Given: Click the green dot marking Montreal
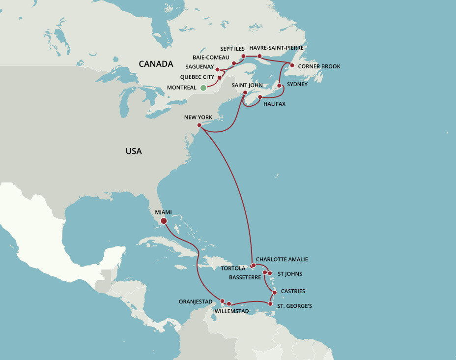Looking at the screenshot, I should pyautogui.click(x=203, y=88).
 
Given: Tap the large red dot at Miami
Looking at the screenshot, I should pyautogui.click(x=164, y=221).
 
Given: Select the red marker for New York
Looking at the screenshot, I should pyautogui.click(x=199, y=126).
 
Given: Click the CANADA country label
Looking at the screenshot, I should pyautogui.click(x=156, y=64).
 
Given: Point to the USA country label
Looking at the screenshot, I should pyautogui.click(x=134, y=151).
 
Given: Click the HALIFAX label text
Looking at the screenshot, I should pyautogui.click(x=274, y=104).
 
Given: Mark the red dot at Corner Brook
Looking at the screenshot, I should pyautogui.click(x=292, y=65).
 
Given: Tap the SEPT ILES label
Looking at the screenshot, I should pyautogui.click(x=232, y=49).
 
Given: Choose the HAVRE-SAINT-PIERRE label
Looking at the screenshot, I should pyautogui.click(x=276, y=48).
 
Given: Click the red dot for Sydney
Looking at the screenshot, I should pyautogui.click(x=279, y=86).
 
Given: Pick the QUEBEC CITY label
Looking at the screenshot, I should pyautogui.click(x=197, y=77).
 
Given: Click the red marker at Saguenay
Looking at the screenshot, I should pyautogui.click(x=217, y=69).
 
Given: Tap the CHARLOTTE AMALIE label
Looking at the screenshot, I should pyautogui.click(x=282, y=259).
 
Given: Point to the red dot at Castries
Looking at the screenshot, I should pyautogui.click(x=274, y=293).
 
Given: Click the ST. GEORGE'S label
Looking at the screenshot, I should pyautogui.click(x=294, y=306).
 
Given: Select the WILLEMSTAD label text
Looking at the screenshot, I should pyautogui.click(x=232, y=311).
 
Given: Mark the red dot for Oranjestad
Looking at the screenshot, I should pyautogui.click(x=222, y=301).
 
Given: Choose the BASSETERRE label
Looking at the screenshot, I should pyautogui.click(x=245, y=277).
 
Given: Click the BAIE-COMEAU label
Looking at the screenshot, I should pyautogui.click(x=211, y=58).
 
